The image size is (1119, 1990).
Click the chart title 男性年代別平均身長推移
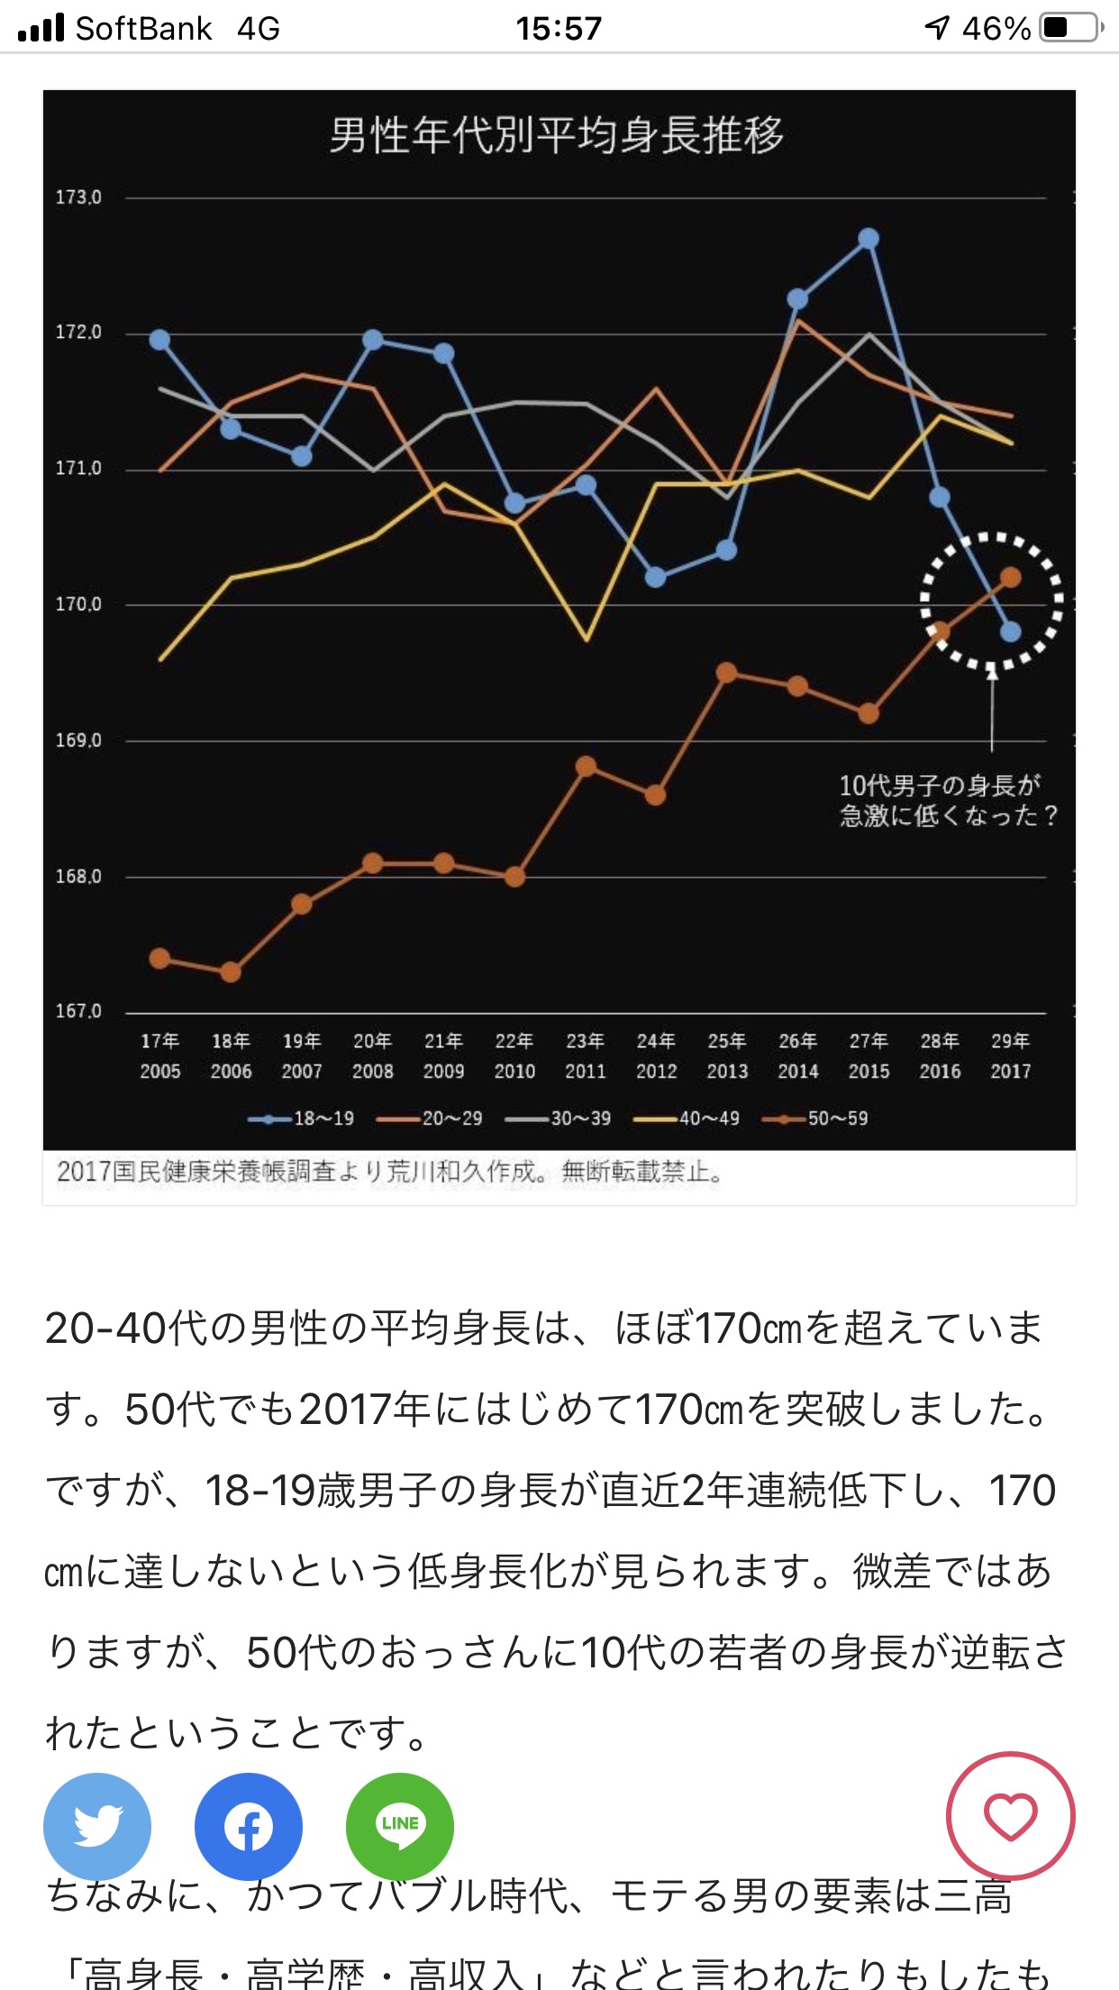(556, 135)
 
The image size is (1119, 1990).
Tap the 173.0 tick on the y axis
(78, 197)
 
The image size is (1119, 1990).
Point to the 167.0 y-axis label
(78, 1011)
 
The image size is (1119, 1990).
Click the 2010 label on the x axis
(514, 1071)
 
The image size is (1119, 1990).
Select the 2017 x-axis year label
(1010, 1071)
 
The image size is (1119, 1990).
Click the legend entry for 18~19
(302, 1118)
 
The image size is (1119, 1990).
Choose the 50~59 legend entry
(815, 1118)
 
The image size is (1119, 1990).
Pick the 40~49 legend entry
(687, 1118)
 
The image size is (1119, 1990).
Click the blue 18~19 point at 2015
(869, 239)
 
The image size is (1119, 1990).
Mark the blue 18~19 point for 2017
(1011, 632)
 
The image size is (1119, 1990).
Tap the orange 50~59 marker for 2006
(231, 972)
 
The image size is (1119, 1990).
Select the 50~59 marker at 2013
(726, 673)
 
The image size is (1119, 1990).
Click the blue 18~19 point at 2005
(159, 340)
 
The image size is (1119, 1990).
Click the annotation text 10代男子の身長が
(940, 786)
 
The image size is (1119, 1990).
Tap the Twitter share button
(97, 1826)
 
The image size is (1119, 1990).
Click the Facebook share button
(249, 1826)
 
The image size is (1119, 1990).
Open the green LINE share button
(400, 1826)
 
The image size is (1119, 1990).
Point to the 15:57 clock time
(559, 29)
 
